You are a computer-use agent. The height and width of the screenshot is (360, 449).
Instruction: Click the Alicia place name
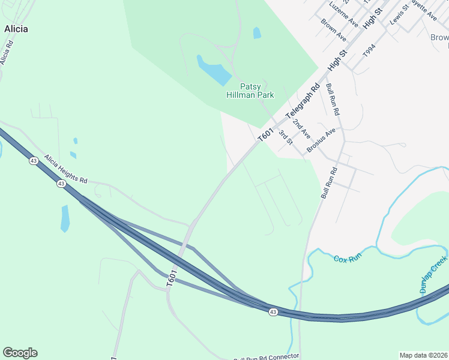[16, 28]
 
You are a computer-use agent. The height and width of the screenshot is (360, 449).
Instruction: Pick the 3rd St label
[285, 137]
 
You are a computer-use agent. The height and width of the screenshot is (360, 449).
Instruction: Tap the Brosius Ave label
[321, 141]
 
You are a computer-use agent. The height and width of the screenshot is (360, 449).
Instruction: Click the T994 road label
[369, 51]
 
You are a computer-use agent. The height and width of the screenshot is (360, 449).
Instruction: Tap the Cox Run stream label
[348, 257]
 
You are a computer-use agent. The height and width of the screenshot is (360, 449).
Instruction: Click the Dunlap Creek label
[433, 273]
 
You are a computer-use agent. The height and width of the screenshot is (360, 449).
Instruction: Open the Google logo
[20, 353]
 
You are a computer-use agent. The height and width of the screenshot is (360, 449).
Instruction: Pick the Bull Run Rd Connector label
[266, 356]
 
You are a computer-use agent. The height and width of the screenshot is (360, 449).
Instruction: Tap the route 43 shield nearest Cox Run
[273, 312]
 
